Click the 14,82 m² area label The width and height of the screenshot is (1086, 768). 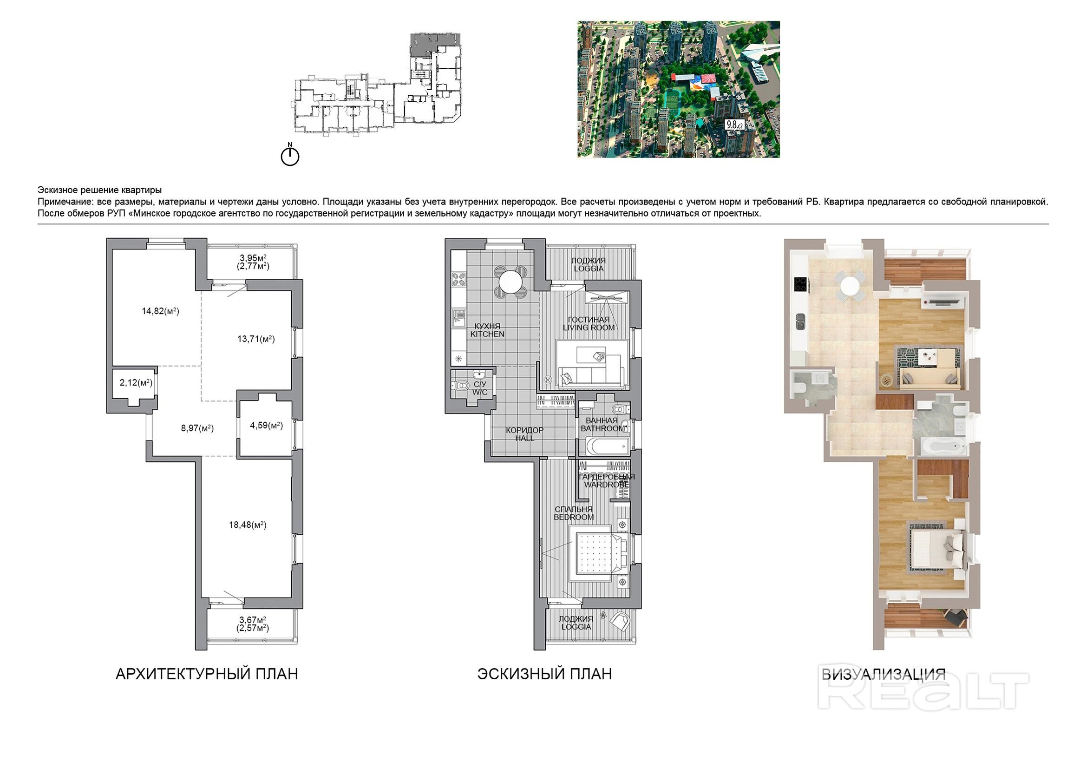(160, 311)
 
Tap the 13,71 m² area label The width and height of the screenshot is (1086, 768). (256, 339)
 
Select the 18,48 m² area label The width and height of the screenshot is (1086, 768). (248, 524)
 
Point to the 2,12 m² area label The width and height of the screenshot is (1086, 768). (136, 382)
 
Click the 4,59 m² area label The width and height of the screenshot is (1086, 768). (266, 426)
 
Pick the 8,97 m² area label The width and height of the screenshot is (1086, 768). (197, 428)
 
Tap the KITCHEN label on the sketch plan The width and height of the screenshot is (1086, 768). (487, 334)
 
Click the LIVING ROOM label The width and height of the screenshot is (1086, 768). (589, 328)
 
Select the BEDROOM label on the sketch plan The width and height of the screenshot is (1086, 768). (574, 517)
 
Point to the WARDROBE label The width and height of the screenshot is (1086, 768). (606, 485)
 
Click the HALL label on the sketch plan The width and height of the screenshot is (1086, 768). (524, 438)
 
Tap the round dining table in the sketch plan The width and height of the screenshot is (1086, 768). (511, 282)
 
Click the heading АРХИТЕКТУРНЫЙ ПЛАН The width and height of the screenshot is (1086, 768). (207, 674)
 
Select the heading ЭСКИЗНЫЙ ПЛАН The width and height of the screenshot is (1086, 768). (544, 674)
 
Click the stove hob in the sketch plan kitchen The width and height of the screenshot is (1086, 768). (459, 279)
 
